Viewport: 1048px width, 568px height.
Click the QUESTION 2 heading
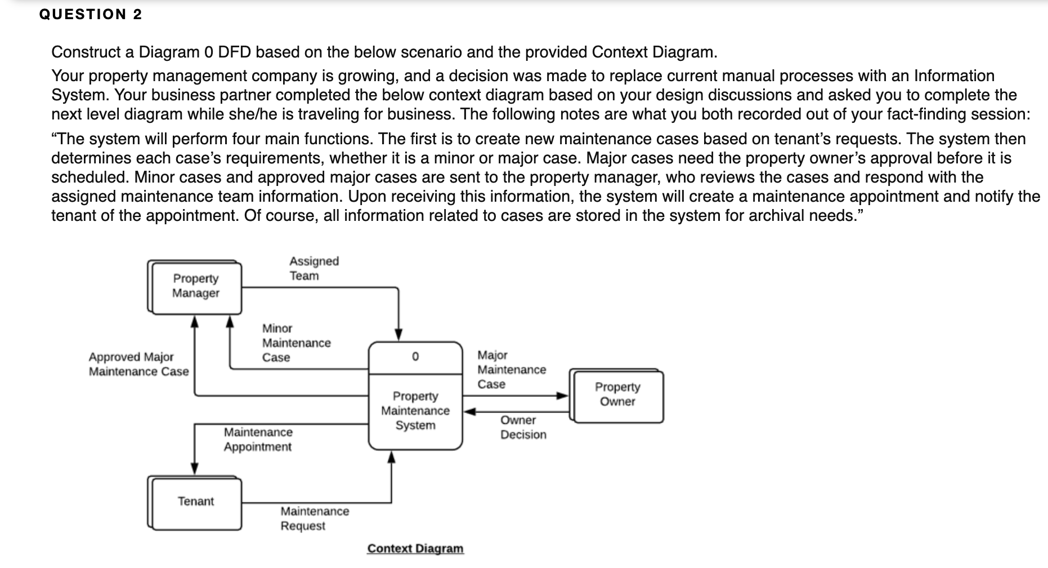[x=91, y=15]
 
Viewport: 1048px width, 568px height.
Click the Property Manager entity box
[x=196, y=286]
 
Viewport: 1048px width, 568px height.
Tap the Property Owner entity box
[x=617, y=394]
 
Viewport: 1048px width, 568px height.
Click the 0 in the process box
[x=415, y=357]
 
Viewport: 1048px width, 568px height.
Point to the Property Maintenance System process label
[x=415, y=411]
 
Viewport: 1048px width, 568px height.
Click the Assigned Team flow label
[x=313, y=268]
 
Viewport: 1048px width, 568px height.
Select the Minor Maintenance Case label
[x=295, y=343]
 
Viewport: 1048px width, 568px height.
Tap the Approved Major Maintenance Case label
[x=138, y=364]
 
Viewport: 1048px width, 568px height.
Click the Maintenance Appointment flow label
[x=258, y=440]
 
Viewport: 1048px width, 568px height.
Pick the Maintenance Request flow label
[x=314, y=518]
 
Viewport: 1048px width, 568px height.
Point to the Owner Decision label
[x=523, y=427]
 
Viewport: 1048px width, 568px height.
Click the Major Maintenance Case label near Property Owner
[x=511, y=370]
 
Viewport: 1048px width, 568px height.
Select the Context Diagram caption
[x=415, y=549]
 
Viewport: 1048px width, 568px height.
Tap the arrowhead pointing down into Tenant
[x=195, y=469]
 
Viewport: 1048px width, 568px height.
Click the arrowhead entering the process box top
[x=398, y=335]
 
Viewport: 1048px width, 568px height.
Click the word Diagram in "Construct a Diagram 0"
[x=169, y=52]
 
